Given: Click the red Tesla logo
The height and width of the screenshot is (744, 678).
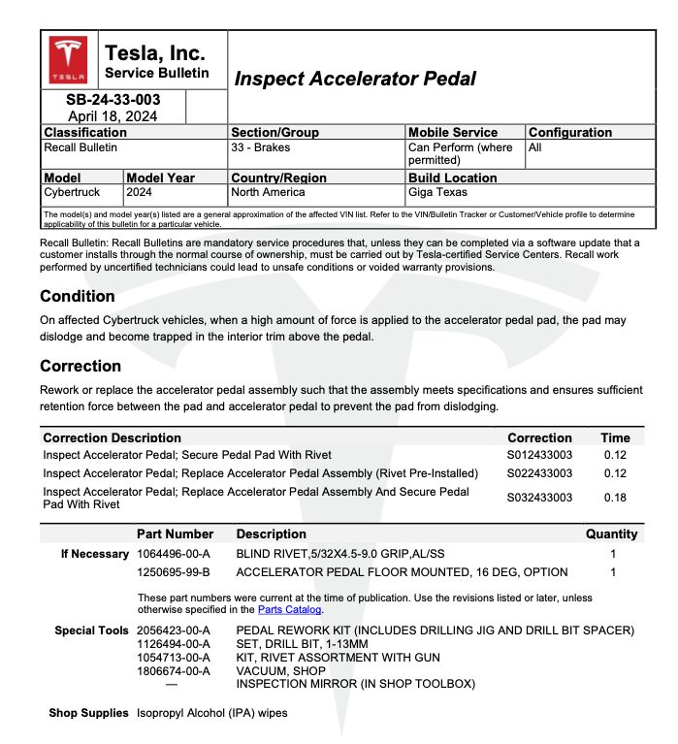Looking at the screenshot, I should pos(69,60).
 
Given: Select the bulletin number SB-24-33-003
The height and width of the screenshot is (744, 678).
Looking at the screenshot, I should pos(113,100).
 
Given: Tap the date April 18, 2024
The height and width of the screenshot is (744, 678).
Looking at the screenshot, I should pos(113,115).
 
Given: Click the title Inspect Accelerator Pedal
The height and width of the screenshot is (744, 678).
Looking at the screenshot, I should pos(355,79).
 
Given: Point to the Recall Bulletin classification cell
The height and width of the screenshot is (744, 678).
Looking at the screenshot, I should pos(81,147).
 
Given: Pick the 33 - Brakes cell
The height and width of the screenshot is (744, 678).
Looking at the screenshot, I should pos(261,147).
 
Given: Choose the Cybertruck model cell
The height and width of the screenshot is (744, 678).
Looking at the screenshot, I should pos(73,192).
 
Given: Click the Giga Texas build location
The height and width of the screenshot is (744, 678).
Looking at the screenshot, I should pos(438,192).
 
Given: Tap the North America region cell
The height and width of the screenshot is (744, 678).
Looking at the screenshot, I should pos(268,192).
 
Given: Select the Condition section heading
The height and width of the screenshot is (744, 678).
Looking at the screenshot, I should pos(78,296).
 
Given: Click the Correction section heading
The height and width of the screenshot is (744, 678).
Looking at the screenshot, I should pos(81,366).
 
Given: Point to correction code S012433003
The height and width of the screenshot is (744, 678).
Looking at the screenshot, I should pos(540,455).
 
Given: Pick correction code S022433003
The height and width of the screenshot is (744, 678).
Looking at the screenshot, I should pos(540,473).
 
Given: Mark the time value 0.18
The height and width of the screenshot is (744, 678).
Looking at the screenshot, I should pos(615,498).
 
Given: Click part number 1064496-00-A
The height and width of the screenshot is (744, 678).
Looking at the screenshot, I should pos(175,554).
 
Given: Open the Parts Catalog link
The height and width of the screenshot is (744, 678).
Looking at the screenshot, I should pos(289,610).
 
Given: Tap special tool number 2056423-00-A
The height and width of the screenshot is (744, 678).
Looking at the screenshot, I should pos(175,631).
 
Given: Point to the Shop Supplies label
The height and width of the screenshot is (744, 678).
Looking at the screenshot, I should pos(89,713).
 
